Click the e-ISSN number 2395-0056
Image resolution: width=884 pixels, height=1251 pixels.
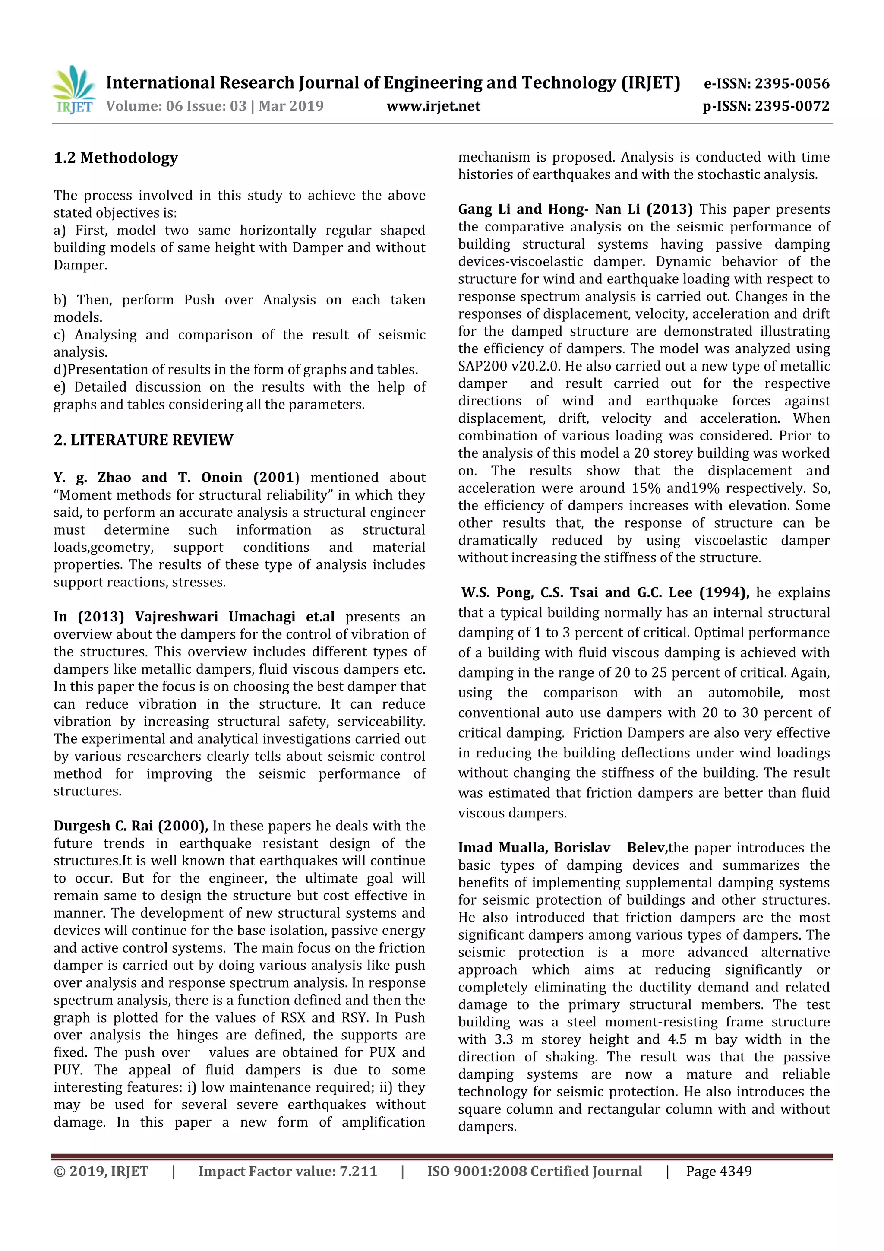pos(792,84)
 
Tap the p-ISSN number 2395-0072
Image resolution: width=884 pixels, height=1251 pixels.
pos(792,106)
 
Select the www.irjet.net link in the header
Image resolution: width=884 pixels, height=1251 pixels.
pos(433,106)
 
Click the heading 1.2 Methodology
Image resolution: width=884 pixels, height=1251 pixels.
pos(116,158)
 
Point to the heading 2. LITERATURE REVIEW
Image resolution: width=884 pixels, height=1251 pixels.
pos(143,440)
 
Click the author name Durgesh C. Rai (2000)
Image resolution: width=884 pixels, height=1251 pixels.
pos(131,826)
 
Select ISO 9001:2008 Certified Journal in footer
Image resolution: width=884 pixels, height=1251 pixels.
pos(534,1172)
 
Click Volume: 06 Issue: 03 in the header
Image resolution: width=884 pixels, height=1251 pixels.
pos(176,106)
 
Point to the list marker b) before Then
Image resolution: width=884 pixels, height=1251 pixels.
pos(60,300)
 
